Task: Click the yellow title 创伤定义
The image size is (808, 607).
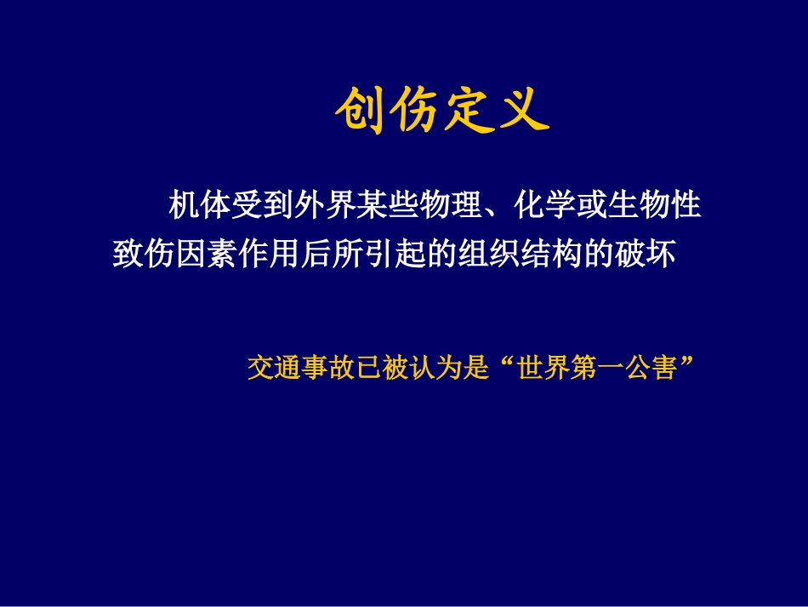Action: click(x=441, y=112)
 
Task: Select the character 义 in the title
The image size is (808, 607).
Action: click(x=523, y=112)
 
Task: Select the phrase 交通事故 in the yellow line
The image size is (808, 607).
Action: click(x=294, y=369)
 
